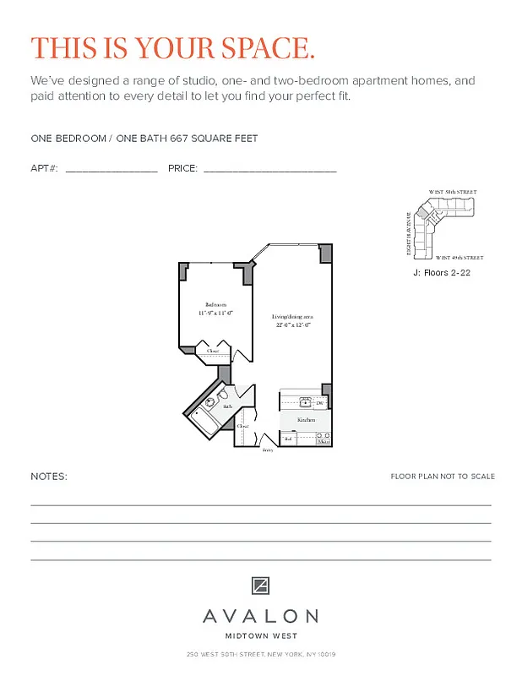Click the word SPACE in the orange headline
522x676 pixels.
click(x=263, y=48)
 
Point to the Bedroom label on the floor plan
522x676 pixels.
click(x=216, y=304)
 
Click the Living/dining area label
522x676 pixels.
click(x=292, y=317)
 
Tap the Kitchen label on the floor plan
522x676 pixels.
click(x=306, y=419)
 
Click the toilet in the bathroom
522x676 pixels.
click(x=223, y=395)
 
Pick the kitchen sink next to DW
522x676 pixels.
click(x=305, y=402)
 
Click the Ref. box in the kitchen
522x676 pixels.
click(x=288, y=439)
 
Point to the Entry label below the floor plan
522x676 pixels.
click(x=268, y=450)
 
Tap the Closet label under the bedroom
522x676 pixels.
click(x=213, y=351)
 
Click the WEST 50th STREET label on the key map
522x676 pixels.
click(x=453, y=193)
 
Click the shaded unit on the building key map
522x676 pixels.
click(x=432, y=222)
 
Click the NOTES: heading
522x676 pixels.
click(x=49, y=477)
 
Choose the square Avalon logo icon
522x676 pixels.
click(x=261, y=586)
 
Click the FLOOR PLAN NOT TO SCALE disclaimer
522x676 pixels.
click(x=443, y=477)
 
